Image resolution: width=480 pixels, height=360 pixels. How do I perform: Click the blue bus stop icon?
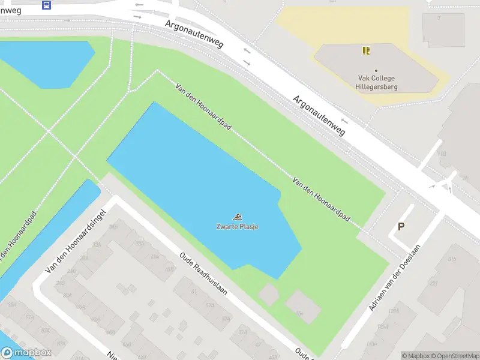(x=46, y=5)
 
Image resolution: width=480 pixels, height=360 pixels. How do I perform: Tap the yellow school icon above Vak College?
(x=366, y=51)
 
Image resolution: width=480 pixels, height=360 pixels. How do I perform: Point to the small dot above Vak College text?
(x=376, y=71)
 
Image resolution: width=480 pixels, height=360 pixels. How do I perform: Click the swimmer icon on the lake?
(x=238, y=217)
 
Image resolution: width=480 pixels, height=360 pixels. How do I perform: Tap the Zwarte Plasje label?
(x=238, y=227)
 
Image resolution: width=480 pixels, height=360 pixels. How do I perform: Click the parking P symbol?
(x=401, y=227)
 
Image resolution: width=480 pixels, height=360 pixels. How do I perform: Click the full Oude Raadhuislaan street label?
(x=203, y=273)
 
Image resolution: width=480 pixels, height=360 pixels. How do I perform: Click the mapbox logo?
(x=26, y=353)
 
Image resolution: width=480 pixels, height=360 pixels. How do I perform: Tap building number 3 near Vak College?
(x=439, y=18)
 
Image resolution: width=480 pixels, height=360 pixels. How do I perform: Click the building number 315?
(x=452, y=259)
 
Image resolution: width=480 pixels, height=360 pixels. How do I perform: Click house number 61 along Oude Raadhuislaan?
(x=193, y=291)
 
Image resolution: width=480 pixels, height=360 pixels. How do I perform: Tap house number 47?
(x=257, y=344)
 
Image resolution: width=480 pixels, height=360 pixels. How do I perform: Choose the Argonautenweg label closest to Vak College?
(x=319, y=115)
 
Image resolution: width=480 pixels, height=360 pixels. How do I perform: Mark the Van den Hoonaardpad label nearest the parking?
(x=322, y=197)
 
